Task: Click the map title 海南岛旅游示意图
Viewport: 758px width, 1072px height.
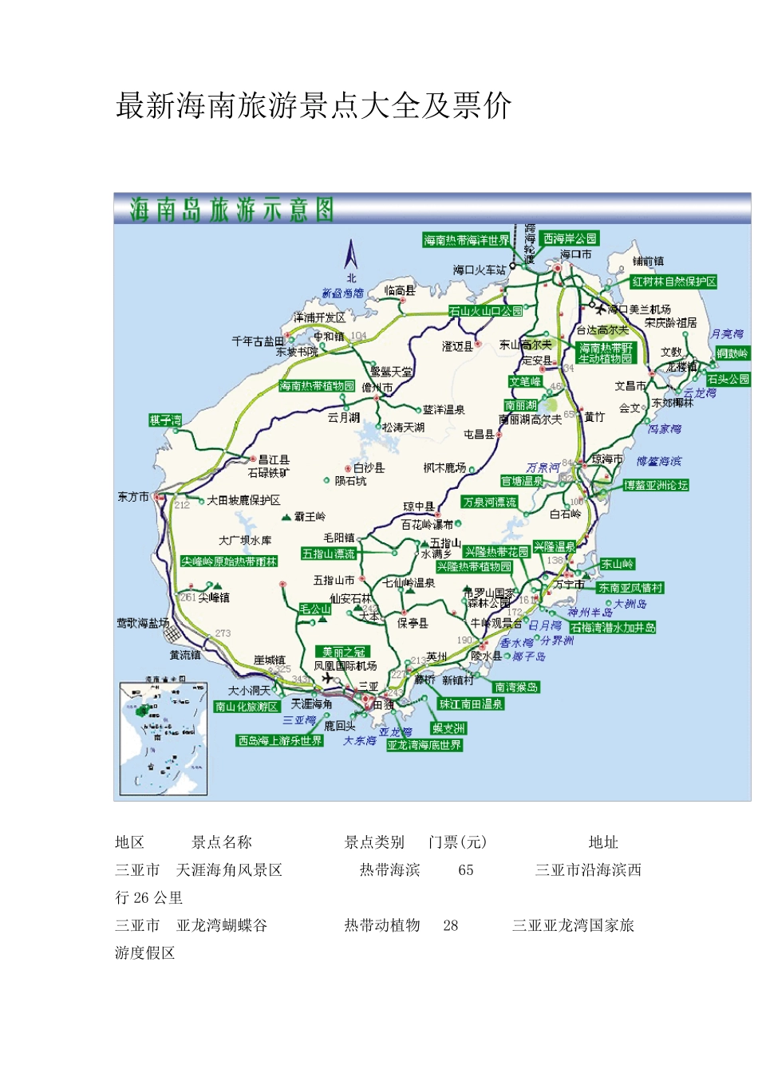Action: coord(231,211)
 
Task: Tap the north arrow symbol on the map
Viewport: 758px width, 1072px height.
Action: coord(350,256)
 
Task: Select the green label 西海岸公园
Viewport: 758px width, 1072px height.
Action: coord(570,238)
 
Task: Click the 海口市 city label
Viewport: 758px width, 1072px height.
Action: coord(575,254)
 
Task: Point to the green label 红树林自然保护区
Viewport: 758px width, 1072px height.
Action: coord(673,282)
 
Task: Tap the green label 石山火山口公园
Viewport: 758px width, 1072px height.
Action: coord(485,311)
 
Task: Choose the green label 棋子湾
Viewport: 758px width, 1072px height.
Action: coord(165,420)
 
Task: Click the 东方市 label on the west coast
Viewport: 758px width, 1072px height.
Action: coord(133,497)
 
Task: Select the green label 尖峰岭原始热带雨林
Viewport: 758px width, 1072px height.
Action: coord(229,562)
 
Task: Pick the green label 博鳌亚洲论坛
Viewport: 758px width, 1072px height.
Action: coord(655,485)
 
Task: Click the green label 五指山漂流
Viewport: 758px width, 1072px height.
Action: coord(328,554)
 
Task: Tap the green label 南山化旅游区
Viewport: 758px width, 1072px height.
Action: coord(247,707)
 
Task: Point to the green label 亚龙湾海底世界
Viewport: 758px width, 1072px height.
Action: coord(424,745)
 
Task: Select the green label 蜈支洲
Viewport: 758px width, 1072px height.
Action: coord(448,728)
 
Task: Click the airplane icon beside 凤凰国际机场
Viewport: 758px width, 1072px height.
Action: coord(327,678)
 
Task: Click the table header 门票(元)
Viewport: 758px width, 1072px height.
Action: coord(457,842)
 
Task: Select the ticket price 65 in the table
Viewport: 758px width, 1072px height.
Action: coord(466,870)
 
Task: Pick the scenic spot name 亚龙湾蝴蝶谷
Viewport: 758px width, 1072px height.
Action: coord(222,925)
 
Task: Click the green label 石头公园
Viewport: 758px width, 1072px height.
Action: coord(728,380)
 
